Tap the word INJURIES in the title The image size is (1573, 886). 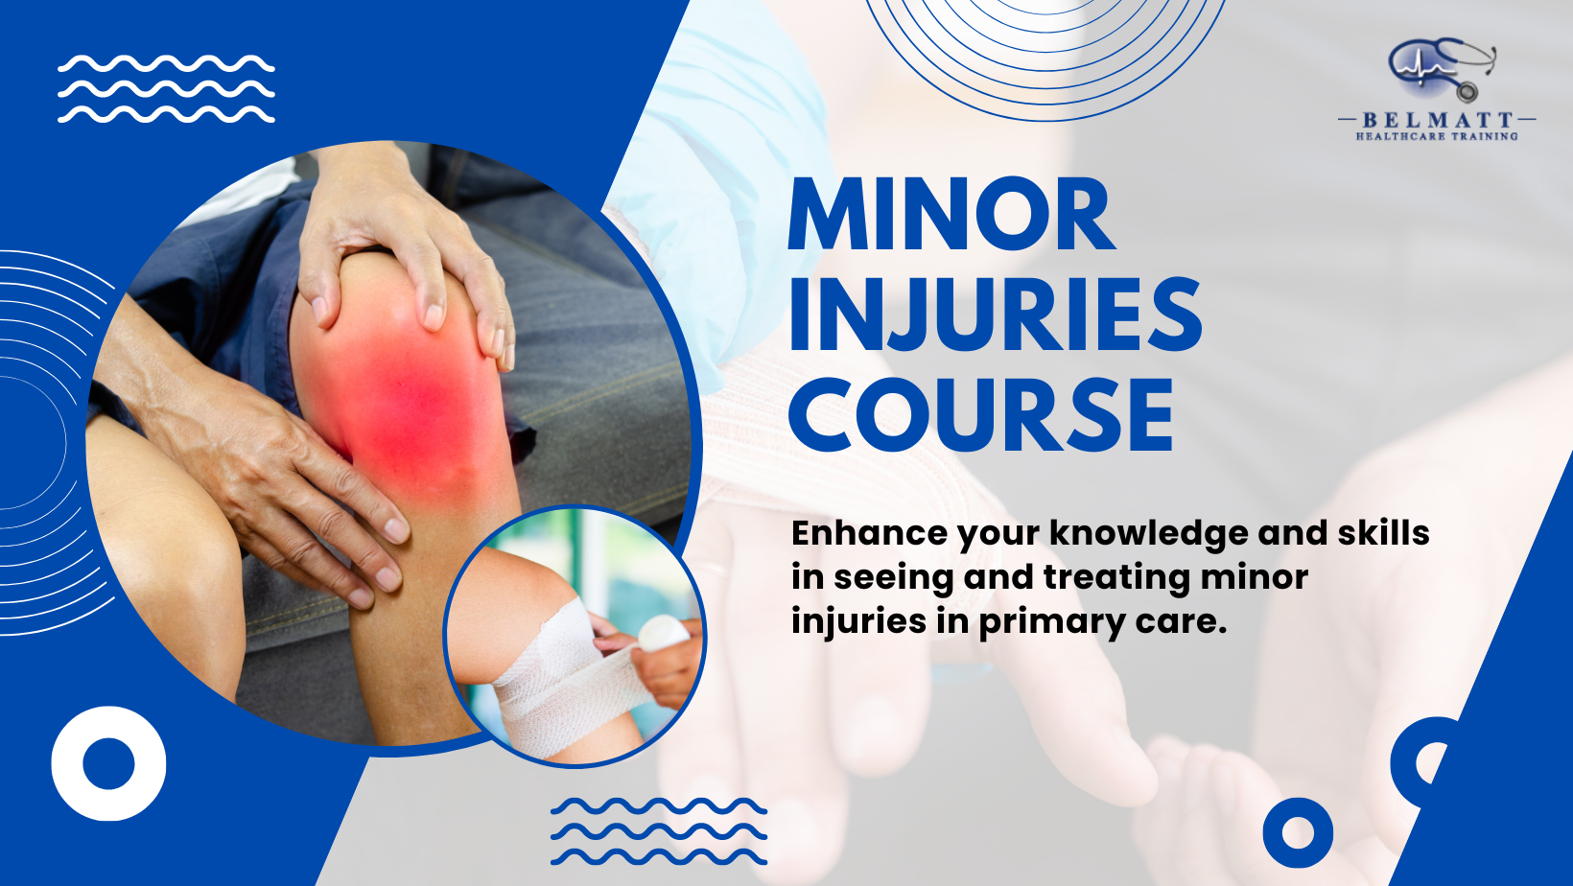tap(995, 315)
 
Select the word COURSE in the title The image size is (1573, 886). tap(980, 414)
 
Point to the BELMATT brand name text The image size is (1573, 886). tap(1437, 120)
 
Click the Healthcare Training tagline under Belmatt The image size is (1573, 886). tap(1437, 137)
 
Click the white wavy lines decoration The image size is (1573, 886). tap(166, 89)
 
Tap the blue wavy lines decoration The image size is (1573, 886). tap(658, 830)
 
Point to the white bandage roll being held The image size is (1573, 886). tap(664, 632)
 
